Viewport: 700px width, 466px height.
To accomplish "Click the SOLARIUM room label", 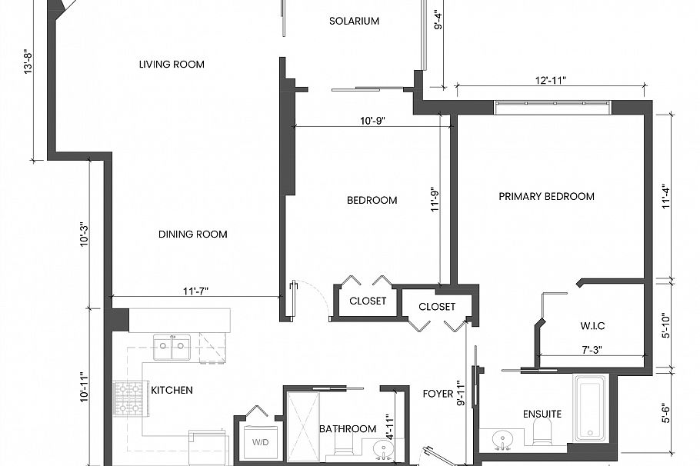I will (354, 21).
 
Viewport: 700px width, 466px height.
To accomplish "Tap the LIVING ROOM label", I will (172, 65).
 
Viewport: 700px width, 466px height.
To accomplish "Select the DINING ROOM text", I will (192, 235).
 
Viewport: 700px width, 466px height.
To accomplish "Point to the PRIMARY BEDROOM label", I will (546, 196).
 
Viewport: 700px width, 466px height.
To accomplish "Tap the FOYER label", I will (438, 394).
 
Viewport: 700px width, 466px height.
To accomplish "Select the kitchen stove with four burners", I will (130, 398).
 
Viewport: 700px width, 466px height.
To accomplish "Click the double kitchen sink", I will (172, 348).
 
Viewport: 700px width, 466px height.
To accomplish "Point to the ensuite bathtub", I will (591, 408).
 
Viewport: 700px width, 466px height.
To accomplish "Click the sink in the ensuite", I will (503, 441).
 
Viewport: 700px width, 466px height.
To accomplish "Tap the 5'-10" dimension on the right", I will (666, 323).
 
